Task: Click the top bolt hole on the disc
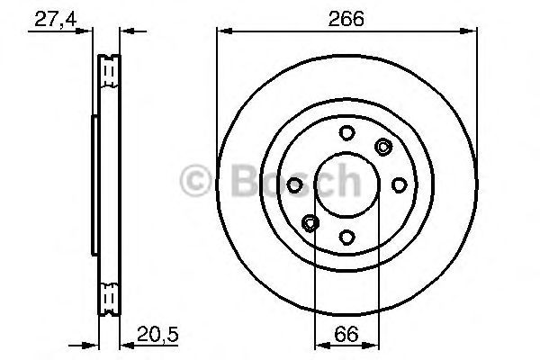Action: tap(346, 133)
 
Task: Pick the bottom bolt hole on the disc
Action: tap(347, 237)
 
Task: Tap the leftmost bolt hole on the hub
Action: tap(295, 184)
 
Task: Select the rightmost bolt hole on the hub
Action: tap(399, 184)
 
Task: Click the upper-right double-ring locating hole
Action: tap(383, 148)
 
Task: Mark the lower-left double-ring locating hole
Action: tap(310, 222)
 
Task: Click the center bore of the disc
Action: tap(346, 184)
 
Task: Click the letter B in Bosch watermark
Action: tap(230, 180)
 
